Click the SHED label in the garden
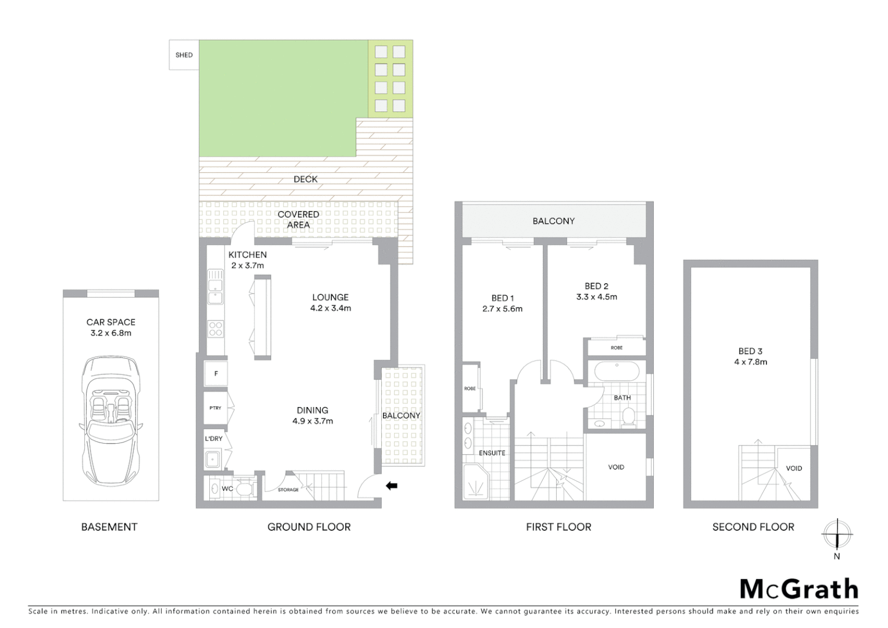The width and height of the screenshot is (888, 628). click(184, 55)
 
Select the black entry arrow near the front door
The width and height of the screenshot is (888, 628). click(392, 485)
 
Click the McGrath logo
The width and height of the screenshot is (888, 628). click(799, 589)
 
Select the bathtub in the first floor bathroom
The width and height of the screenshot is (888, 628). click(616, 371)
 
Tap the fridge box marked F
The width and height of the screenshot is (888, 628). click(216, 374)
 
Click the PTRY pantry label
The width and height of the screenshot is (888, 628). click(215, 408)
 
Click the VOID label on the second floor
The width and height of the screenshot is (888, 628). click(794, 468)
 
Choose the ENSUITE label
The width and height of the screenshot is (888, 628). click(492, 453)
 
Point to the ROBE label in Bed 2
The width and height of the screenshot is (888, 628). click(617, 348)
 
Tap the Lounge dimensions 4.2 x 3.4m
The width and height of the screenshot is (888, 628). click(330, 308)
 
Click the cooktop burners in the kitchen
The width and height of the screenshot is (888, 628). click(216, 329)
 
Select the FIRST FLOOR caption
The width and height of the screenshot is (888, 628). click(558, 527)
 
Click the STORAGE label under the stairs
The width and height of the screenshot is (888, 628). click(288, 490)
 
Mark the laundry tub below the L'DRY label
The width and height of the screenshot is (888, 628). click(213, 459)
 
